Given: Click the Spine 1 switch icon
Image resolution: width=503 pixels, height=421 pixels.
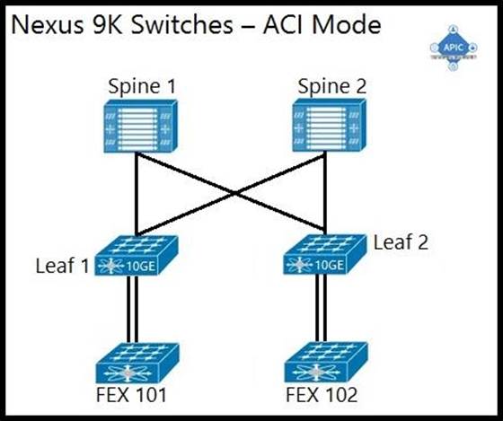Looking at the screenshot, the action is click(x=140, y=126).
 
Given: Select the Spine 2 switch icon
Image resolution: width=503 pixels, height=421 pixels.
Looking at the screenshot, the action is click(x=329, y=125).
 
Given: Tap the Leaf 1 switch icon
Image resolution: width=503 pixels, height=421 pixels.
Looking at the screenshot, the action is click(x=136, y=256).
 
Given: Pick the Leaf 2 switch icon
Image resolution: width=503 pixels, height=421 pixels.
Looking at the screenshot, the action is click(x=324, y=254).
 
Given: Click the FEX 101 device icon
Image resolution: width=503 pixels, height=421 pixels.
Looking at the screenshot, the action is click(x=137, y=363).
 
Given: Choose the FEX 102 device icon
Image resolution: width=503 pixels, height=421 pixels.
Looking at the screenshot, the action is click(x=326, y=362).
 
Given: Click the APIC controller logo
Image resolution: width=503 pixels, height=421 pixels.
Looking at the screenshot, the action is click(x=454, y=48).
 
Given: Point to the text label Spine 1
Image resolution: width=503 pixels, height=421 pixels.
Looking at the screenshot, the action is click(x=142, y=86).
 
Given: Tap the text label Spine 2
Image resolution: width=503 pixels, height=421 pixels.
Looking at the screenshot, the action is click(x=332, y=86).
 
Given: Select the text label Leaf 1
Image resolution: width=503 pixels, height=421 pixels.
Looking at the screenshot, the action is click(x=62, y=266).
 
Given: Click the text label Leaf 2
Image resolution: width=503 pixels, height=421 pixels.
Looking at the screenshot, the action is click(x=401, y=242).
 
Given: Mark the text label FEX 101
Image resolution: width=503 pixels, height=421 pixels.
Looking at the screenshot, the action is click(x=131, y=395).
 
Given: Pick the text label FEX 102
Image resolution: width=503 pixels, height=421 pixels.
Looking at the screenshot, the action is click(x=322, y=395).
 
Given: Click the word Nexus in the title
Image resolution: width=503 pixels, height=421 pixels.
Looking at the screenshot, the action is click(x=47, y=25).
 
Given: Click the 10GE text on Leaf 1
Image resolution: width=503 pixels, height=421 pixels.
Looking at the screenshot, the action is click(x=141, y=266).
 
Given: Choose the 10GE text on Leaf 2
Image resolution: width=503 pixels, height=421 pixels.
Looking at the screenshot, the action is click(x=330, y=265).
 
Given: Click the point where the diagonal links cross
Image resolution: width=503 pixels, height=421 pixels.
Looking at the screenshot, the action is click(x=235, y=193).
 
